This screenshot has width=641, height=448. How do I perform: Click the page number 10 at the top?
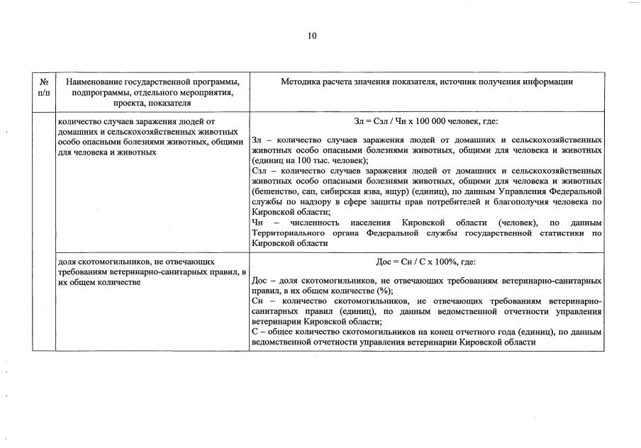313,36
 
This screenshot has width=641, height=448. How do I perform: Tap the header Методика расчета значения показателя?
426,82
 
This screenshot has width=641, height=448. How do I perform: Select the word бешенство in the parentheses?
275,191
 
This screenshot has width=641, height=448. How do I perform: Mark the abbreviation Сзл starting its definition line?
259,171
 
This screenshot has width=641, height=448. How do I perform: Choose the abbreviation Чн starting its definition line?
257,222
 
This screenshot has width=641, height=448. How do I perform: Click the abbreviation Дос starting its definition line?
260,281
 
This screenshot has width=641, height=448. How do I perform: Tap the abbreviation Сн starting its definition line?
257,301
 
